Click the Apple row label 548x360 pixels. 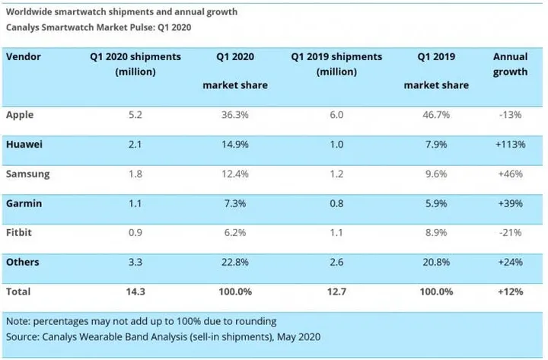click(19, 114)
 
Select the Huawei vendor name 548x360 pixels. click(23, 144)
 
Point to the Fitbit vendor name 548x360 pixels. click(19, 232)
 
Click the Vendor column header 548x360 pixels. click(24, 57)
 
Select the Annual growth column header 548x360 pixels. click(510, 65)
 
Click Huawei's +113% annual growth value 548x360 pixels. click(511, 144)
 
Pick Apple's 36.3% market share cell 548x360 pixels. click(234, 114)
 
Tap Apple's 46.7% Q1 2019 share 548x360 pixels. click(436, 114)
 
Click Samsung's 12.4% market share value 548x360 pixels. click(234, 174)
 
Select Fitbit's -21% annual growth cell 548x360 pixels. click(511, 232)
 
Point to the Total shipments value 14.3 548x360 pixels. click(135, 292)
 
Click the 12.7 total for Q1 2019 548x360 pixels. click(335, 292)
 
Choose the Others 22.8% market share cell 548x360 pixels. click(234, 262)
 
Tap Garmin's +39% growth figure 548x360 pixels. click(511, 202)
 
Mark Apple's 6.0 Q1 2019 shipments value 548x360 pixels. click(335, 114)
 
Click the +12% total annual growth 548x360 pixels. click(511, 292)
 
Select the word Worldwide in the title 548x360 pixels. click(30, 12)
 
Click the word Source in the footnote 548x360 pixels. click(23, 336)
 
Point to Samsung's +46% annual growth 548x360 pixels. click(511, 174)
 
